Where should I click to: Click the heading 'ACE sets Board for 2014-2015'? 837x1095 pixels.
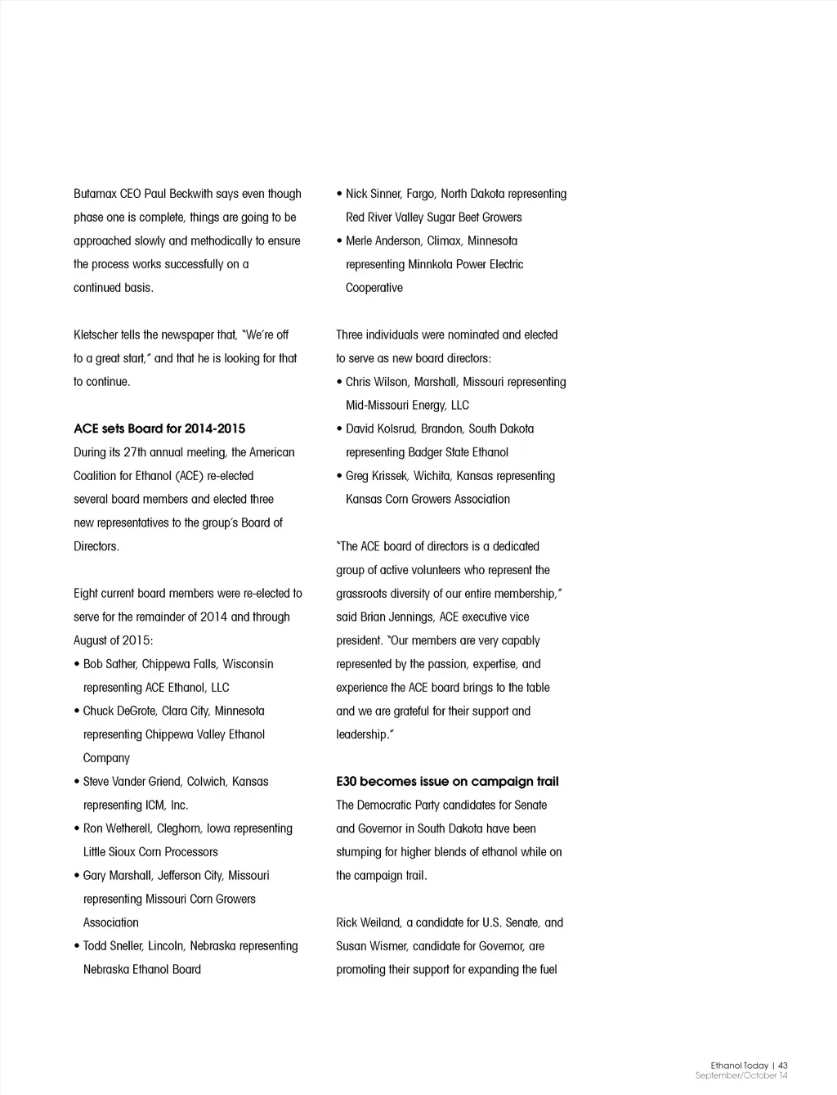tap(159, 429)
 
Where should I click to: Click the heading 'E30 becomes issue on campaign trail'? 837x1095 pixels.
tap(447, 782)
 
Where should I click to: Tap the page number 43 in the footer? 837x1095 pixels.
tap(783, 1066)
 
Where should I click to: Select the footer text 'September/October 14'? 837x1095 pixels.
tap(741, 1075)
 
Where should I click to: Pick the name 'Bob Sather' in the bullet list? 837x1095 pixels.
tap(109, 664)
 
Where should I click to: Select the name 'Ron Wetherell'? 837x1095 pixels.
tap(117, 828)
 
